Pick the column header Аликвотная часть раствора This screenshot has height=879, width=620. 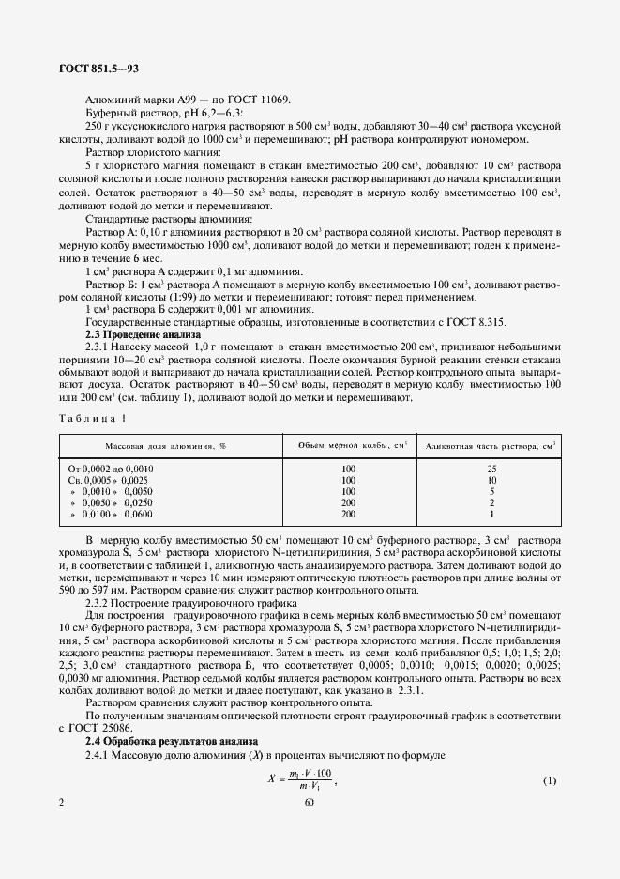[486, 444]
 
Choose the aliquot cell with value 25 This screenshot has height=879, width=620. [491, 468]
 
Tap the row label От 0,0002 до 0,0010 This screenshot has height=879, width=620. [112, 468]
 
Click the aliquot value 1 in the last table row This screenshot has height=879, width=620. [491, 515]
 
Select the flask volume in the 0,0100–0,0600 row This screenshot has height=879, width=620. [348, 515]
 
